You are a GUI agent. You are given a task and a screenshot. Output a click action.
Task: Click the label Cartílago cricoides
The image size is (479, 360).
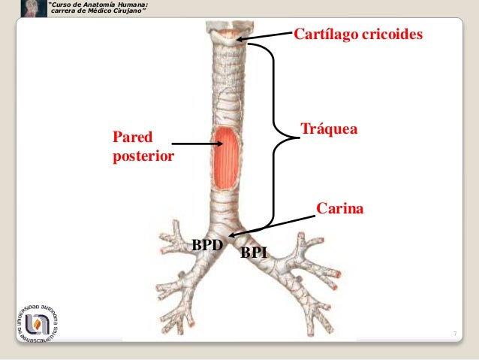tap(357, 35)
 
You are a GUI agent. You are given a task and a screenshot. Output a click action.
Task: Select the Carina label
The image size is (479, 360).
tap(340, 209)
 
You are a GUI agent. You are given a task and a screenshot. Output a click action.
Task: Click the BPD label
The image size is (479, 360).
tap(208, 245)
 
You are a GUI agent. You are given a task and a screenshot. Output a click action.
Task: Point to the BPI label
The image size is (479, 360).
tap(255, 253)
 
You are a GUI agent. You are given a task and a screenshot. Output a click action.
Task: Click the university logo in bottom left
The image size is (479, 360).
tap(37, 323)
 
